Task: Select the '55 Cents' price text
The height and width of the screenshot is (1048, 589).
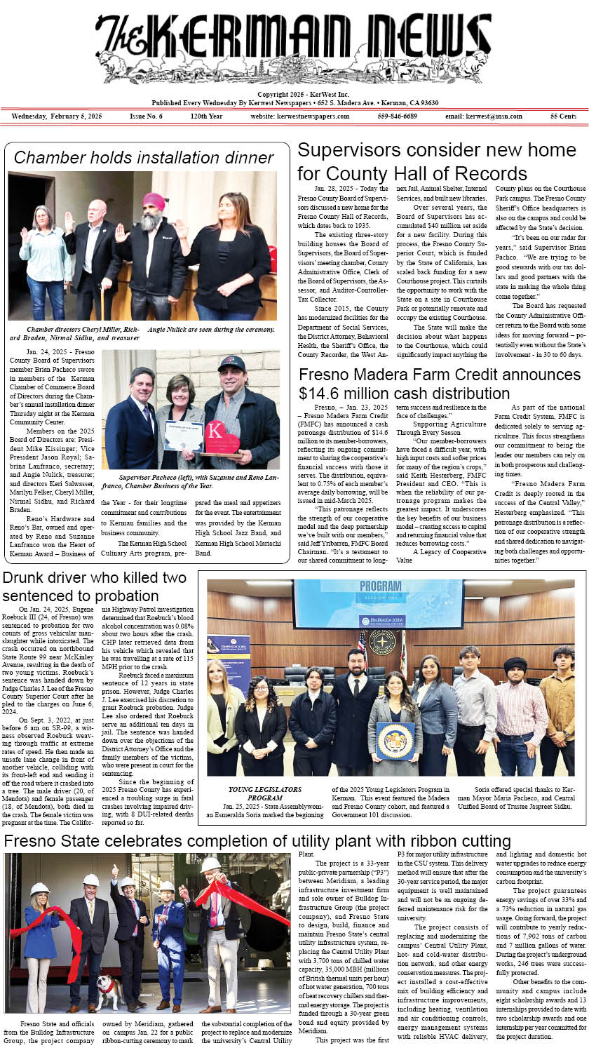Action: point(563,116)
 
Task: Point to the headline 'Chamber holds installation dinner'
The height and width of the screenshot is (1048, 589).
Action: point(144,158)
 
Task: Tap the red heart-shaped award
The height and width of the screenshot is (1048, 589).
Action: point(222,438)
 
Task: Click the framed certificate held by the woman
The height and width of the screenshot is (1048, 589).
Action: point(184,434)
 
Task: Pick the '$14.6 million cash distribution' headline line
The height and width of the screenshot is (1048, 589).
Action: point(404,393)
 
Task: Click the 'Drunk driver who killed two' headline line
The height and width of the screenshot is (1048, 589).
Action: point(95,578)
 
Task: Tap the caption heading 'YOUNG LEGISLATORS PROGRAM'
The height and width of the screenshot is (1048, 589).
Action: point(255,793)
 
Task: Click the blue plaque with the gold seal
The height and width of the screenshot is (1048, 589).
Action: point(395,741)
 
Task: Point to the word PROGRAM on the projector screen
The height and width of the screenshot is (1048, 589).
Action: point(380,587)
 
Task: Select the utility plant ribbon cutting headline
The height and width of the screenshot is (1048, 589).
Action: point(257,841)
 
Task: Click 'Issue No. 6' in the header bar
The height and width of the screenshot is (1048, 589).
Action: point(146,116)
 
